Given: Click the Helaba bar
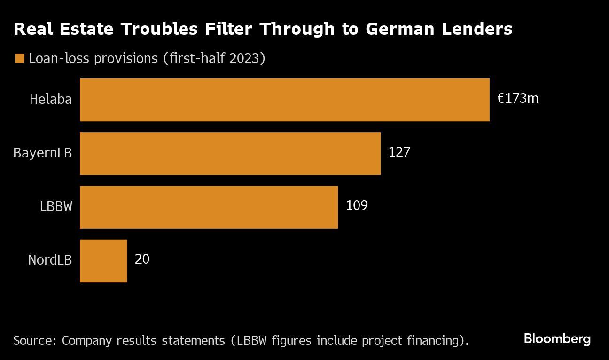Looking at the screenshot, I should pos(284,100).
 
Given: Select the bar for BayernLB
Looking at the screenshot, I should pos(230,153).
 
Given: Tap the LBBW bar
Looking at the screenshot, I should pos(209,207).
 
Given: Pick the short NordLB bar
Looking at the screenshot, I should pos(103,260).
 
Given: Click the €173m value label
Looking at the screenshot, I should pos(518,99).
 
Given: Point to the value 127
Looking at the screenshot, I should pos(399,152).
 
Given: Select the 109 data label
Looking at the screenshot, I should pos(357,206).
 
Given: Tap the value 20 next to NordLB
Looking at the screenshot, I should pos(142,259).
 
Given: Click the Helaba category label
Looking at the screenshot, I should pos(51,99).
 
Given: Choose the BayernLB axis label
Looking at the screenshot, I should pos(43,153).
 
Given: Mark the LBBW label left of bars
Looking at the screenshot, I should pos(56,207).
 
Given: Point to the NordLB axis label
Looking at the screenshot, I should pos(50,260).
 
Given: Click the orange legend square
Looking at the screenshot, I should pos(19,58).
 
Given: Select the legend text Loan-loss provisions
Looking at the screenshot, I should pos(94,58).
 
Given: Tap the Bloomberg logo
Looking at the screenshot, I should pos(557,339).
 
